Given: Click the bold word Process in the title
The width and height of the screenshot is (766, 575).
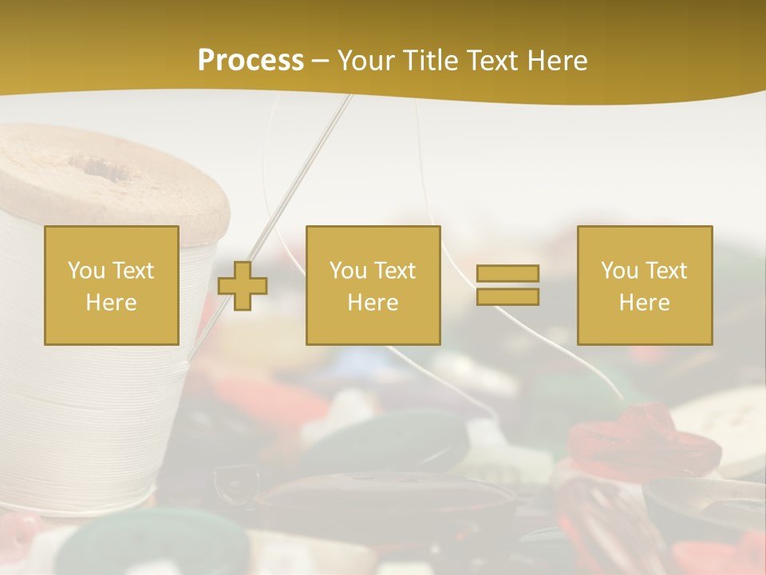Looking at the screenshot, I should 251,61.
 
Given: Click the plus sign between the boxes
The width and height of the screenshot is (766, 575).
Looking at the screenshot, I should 243,285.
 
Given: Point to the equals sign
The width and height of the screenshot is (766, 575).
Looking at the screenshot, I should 507,285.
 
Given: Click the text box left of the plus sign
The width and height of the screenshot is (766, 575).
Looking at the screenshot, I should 112,285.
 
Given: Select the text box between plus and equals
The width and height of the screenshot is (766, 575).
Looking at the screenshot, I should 373,285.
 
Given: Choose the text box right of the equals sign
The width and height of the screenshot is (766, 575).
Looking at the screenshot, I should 644,285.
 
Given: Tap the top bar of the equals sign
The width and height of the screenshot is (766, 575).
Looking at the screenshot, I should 507,274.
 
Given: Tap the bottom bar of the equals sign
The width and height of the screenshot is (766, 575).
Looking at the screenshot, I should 507,296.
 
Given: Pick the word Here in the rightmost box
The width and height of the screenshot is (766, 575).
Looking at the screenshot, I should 644,303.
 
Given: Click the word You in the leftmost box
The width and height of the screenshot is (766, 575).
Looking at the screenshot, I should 86,271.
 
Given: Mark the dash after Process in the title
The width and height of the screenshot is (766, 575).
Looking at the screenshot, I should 321,61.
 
